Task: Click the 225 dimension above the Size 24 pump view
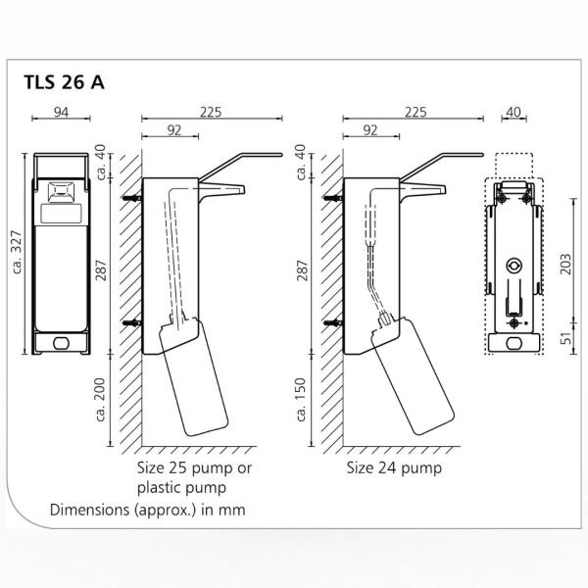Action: point(413,112)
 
